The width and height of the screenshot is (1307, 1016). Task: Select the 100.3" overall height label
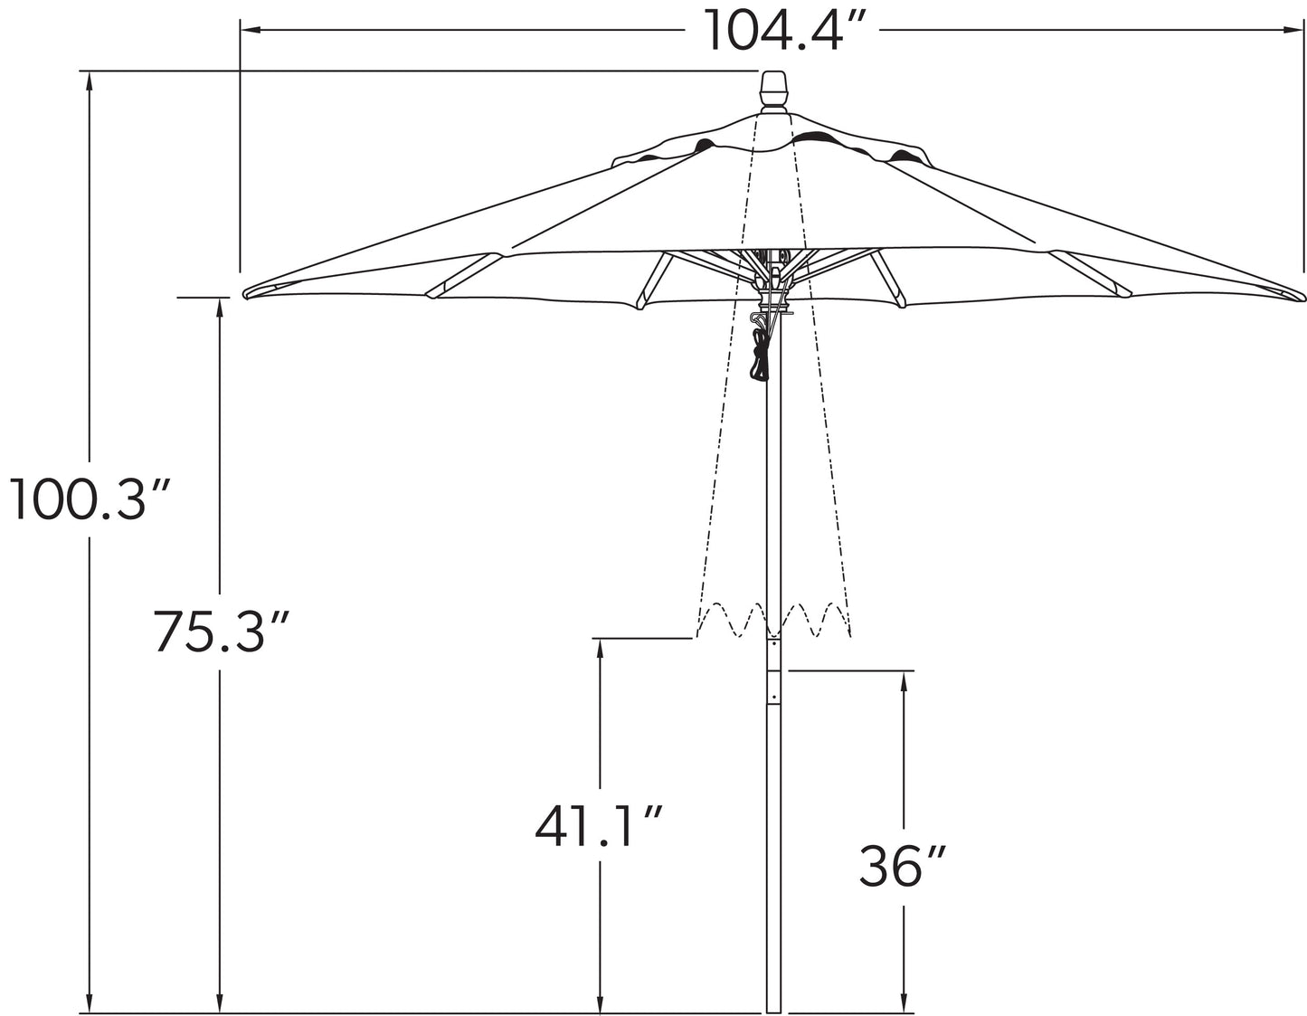pyautogui.click(x=88, y=499)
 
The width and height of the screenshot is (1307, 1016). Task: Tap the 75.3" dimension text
pyautogui.click(x=220, y=631)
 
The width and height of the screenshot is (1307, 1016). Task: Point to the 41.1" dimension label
pyautogui.click(x=599, y=825)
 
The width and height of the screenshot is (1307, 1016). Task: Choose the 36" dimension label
pyautogui.click(x=902, y=866)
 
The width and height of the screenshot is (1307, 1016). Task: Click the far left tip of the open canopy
pyautogui.click(x=246, y=293)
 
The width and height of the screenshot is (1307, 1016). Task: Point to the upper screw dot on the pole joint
pyautogui.click(x=773, y=645)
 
